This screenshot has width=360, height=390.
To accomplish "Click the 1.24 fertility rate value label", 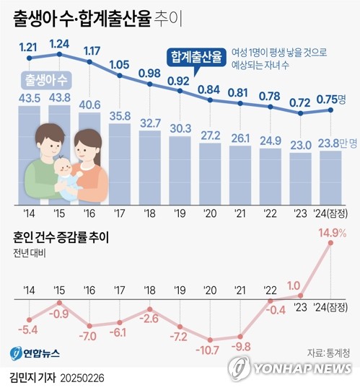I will tap(59, 43).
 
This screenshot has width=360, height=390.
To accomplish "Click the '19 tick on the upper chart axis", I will tap(180, 214).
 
